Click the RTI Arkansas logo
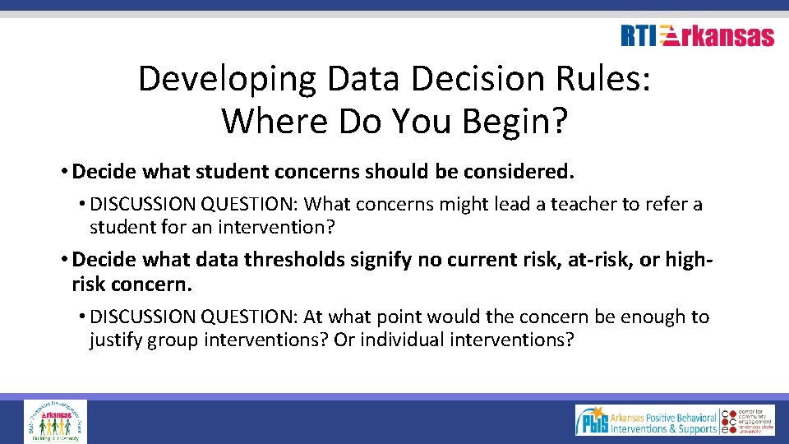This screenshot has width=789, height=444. pos(697,36)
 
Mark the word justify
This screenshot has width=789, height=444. pos(116,340)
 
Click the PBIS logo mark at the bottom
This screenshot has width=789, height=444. pos(594,420)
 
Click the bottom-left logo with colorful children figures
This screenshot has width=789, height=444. pos(55,421)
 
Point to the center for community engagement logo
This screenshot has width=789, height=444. pos(748,420)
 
